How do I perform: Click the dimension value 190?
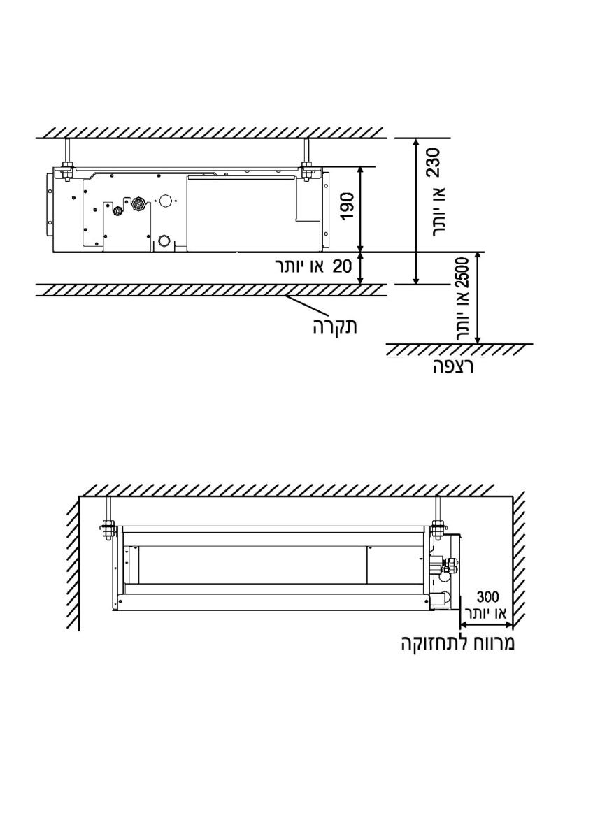(x=347, y=206)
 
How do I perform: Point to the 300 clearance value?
(x=487, y=596)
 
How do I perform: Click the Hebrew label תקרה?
(x=335, y=327)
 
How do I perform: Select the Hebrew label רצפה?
(x=453, y=366)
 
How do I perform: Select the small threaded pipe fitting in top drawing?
(x=119, y=210)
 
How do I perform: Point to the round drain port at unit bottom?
(x=164, y=240)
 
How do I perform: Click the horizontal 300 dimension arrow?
(x=486, y=624)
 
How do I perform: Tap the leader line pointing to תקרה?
(x=307, y=303)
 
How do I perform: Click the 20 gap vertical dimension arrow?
(x=360, y=268)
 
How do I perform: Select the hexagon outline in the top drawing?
(x=165, y=201)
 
